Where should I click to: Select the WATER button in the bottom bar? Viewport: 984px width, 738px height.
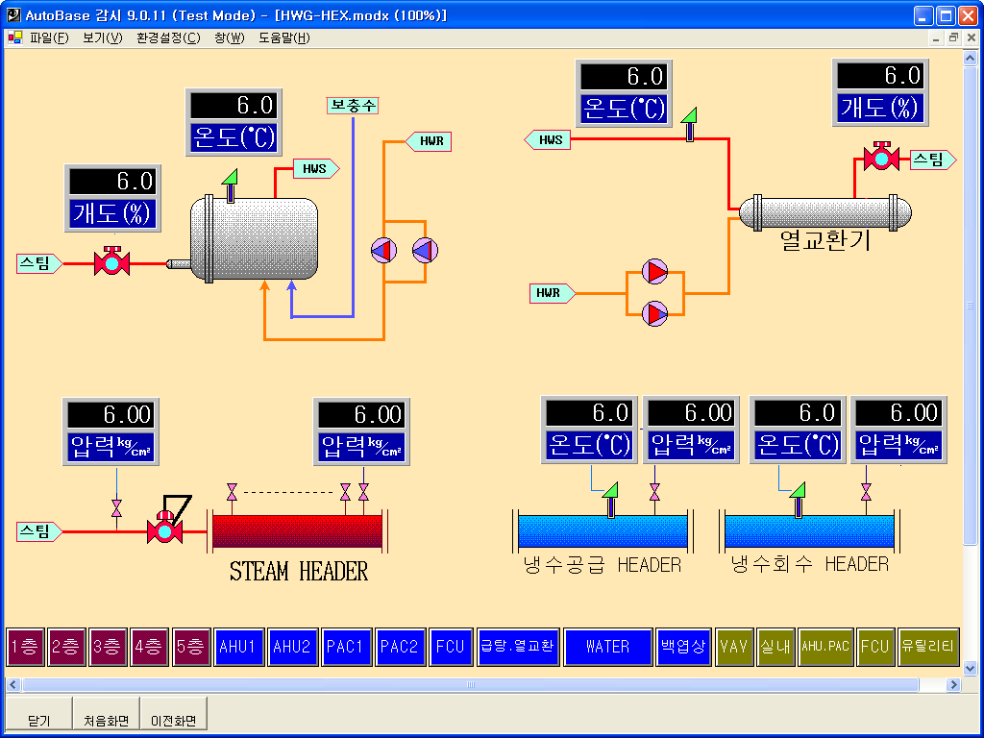pos(607,647)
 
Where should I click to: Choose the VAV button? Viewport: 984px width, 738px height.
pos(734,647)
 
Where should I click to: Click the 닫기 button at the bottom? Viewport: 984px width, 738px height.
pos(38,720)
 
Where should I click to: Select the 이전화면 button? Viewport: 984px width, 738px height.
pos(173,720)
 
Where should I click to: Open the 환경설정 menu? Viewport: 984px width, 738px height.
pos(168,38)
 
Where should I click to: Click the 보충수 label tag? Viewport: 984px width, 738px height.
pos(353,106)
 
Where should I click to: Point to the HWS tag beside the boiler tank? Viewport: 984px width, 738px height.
pos(315,169)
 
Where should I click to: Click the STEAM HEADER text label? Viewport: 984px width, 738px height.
pos(299,572)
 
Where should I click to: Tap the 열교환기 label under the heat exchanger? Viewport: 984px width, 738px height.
pos(825,240)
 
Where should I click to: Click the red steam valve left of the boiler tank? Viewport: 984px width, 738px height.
pos(111,262)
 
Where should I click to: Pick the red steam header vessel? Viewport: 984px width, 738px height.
pos(297,531)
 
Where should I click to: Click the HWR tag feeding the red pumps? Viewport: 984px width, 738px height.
pos(552,292)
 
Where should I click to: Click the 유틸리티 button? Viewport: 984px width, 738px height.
pos(927,647)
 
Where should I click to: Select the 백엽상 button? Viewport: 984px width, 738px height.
pos(682,647)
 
